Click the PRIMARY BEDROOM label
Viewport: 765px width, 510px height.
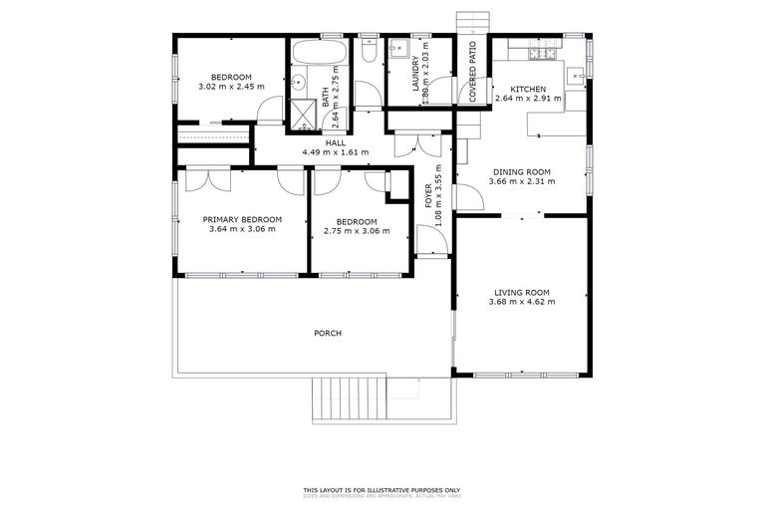242,219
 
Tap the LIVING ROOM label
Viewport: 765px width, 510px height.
522,293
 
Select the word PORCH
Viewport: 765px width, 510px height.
328,333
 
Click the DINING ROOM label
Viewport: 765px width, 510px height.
522,171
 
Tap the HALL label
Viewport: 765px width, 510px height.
335,142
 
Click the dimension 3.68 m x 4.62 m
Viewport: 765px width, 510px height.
522,303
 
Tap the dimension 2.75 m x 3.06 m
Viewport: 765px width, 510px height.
356,230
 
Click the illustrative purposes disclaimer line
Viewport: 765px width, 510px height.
382,489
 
